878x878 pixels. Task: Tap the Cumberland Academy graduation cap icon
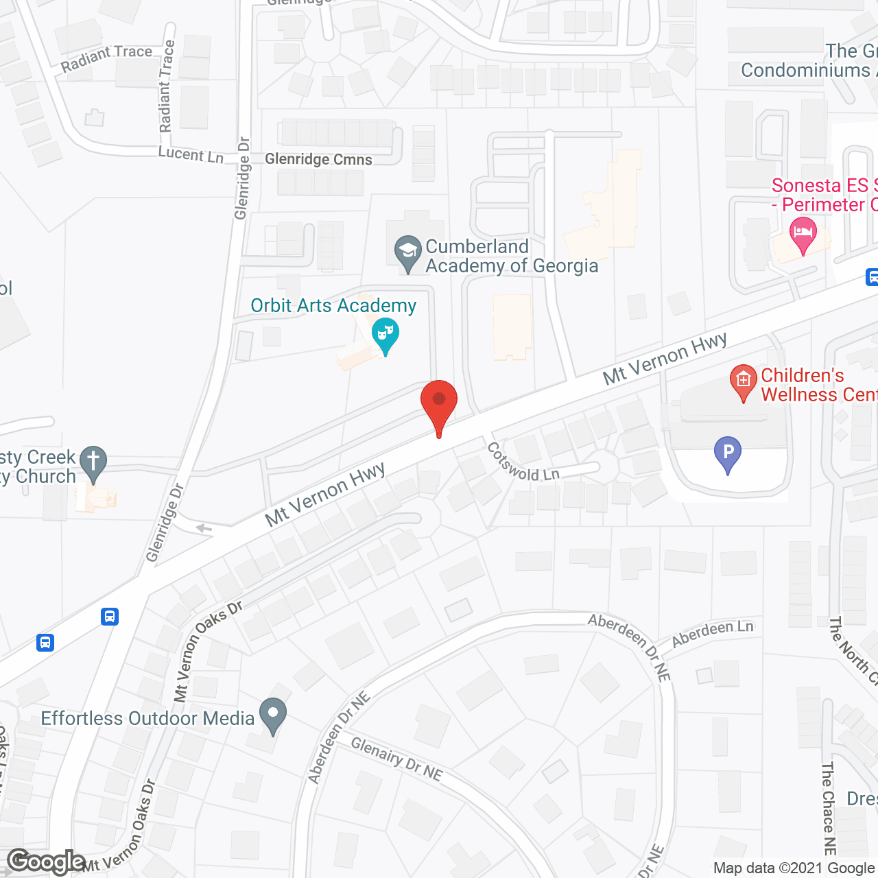408,252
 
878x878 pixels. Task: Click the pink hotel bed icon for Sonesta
803,233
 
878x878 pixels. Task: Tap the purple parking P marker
728,453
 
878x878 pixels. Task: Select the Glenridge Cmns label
318,159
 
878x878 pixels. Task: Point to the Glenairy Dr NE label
396,759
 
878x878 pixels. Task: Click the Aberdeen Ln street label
712,634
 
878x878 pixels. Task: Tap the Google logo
46,862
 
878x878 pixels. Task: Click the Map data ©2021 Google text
794,868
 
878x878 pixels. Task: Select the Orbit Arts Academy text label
333,305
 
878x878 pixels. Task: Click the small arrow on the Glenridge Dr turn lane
204,528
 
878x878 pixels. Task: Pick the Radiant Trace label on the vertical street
167,86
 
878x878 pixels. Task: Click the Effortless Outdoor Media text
147,718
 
